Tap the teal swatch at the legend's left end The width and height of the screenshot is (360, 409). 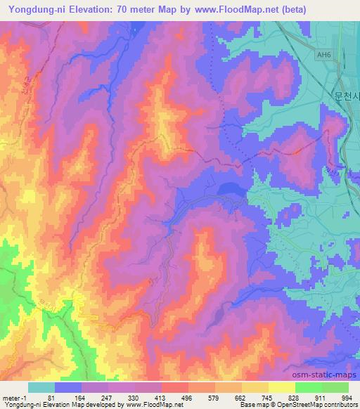pos(41,387)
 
